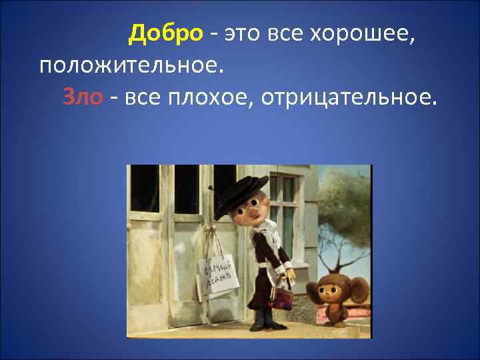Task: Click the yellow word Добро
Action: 165,32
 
